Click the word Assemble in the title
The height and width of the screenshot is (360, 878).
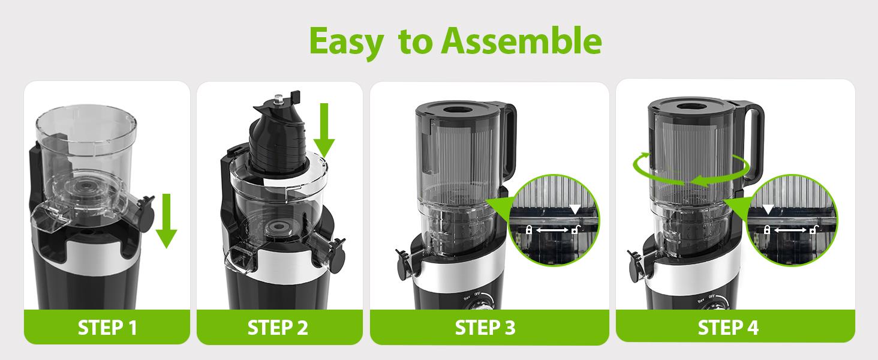click(x=521, y=41)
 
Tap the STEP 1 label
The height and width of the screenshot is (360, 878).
click(x=107, y=328)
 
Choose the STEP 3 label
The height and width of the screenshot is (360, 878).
click(x=485, y=328)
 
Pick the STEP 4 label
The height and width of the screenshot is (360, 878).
click(x=728, y=328)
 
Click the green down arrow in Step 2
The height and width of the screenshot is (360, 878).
click(x=324, y=129)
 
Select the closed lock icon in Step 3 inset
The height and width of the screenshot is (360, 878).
click(x=529, y=230)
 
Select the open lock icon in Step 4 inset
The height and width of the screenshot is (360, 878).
click(x=813, y=230)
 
